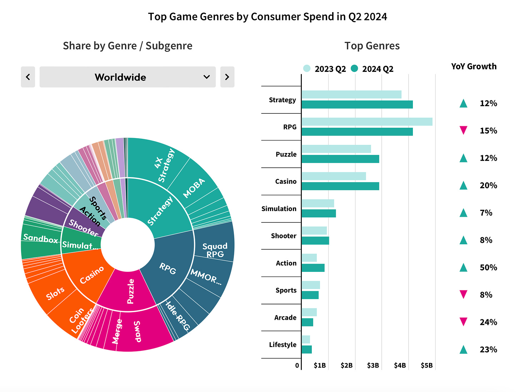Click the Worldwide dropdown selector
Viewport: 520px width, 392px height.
[x=127, y=77]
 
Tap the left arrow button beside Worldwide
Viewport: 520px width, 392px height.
[x=28, y=77]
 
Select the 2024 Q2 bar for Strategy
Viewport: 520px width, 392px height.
[x=357, y=104]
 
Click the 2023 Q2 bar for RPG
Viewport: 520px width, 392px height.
[x=367, y=122]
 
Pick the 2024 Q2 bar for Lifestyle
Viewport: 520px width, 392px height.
[x=306, y=349]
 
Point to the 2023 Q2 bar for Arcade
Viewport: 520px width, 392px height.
[x=309, y=312]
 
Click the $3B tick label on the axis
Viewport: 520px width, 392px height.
[x=373, y=366]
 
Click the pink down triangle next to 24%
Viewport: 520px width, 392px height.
[x=463, y=322]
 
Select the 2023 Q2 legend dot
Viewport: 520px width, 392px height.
[x=307, y=68]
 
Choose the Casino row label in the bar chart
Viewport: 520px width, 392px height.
[x=286, y=181]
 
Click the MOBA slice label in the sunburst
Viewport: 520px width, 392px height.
[x=194, y=188]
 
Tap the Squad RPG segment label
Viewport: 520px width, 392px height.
[x=215, y=250]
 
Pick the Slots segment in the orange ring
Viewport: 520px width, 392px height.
[x=55, y=293]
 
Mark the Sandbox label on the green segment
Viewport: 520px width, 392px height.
[x=40, y=238]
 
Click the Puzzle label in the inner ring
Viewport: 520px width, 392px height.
[x=131, y=291]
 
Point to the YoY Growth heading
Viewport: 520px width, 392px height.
[x=474, y=67]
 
